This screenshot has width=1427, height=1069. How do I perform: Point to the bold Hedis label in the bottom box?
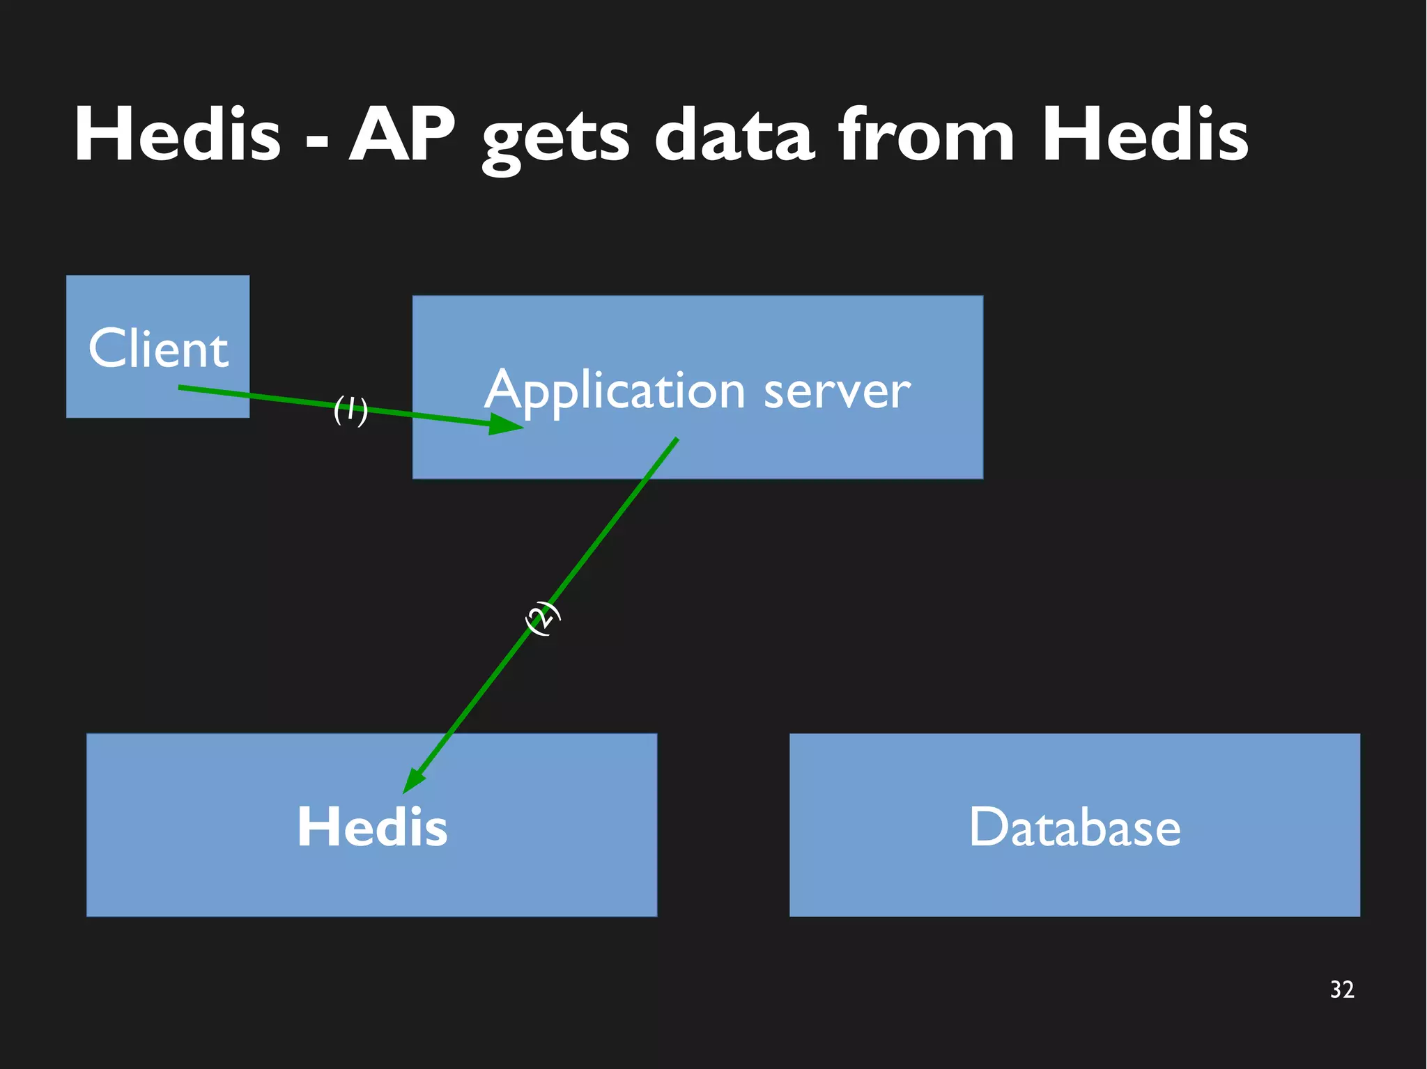(x=372, y=827)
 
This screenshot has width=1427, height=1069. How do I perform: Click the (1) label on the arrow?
(x=350, y=409)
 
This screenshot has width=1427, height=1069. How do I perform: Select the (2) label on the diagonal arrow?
(x=542, y=618)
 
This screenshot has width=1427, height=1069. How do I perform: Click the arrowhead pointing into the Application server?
(x=506, y=424)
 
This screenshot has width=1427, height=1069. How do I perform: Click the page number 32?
(x=1341, y=990)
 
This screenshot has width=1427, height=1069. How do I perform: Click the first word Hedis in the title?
(x=177, y=134)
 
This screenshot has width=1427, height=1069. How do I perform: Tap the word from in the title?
(x=926, y=134)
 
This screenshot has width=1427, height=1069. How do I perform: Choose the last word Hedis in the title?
(x=1144, y=134)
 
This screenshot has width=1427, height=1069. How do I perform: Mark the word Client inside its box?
(x=158, y=348)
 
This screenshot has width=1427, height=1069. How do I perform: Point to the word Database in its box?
(x=1074, y=827)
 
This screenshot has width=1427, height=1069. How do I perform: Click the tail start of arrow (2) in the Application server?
(x=675, y=440)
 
